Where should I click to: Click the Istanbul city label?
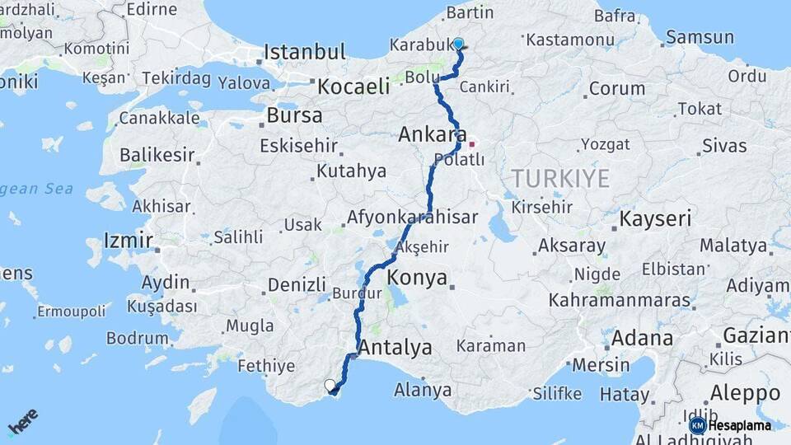click(x=304, y=53)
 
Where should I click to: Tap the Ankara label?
click(x=432, y=134)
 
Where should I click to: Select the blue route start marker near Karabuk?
click(x=458, y=44)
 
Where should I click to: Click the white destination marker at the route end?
click(x=330, y=385)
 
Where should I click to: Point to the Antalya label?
click(x=395, y=348)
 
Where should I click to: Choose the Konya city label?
click(x=417, y=277)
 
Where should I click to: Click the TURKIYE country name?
click(x=560, y=178)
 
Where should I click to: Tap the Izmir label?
click(x=128, y=241)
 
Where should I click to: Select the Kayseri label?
click(x=655, y=219)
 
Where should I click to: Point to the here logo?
click(x=23, y=422)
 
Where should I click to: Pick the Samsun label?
click(x=700, y=37)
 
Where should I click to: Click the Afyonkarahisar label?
click(x=413, y=218)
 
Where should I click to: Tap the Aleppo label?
click(x=745, y=392)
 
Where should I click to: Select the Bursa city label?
click(x=294, y=115)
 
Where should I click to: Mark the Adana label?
click(x=642, y=338)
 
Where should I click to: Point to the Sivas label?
click(x=724, y=147)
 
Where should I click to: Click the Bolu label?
click(x=421, y=77)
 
